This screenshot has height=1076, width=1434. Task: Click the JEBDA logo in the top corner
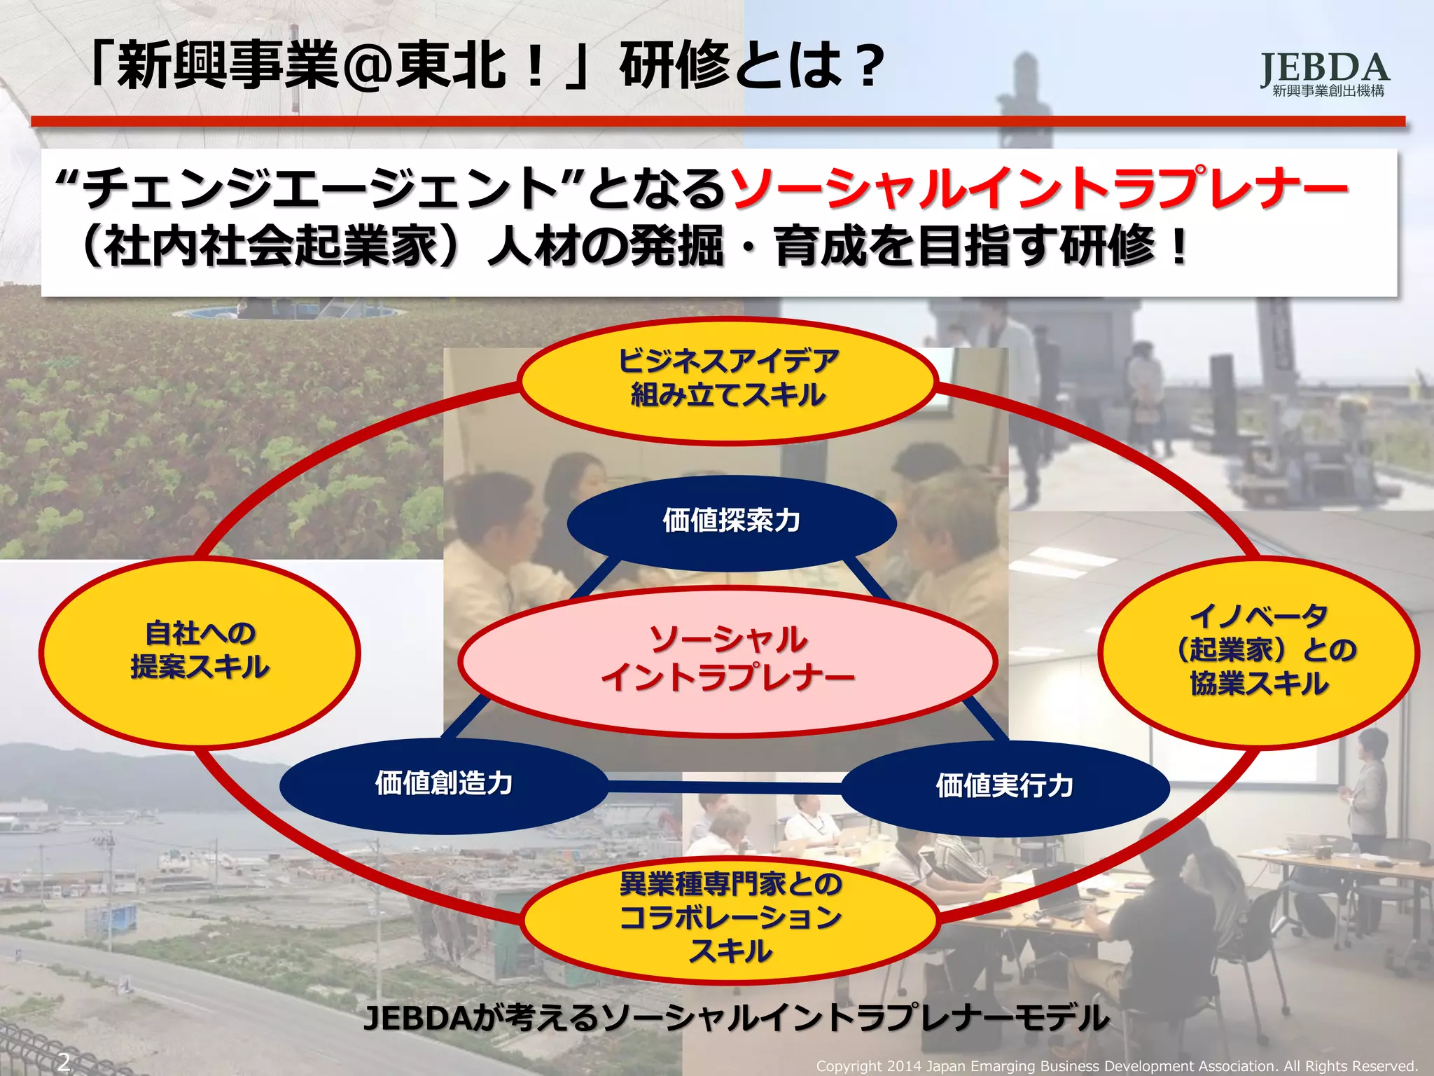point(1325,68)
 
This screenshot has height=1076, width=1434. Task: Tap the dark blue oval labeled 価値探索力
point(731,522)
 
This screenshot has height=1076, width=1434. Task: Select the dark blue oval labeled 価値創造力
point(444,784)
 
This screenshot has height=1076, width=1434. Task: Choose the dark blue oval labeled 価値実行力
point(1005,787)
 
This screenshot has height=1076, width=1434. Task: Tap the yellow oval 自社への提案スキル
point(200,651)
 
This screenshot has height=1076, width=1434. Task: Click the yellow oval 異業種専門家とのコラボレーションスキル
point(730,918)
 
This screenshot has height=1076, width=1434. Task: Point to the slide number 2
point(64,1061)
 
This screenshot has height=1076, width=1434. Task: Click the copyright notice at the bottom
point(1117,1066)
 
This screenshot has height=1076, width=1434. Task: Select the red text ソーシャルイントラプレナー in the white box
point(1039,188)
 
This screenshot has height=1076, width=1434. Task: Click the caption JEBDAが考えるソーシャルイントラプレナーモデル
point(736,1018)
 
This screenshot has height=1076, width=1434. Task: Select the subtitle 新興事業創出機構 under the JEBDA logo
point(1328,91)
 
